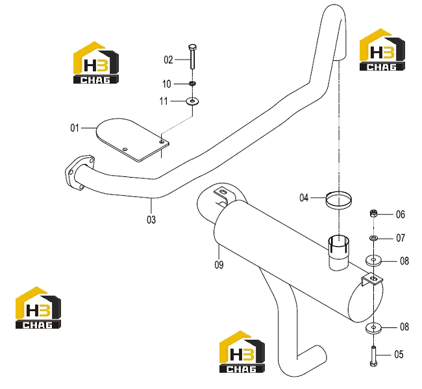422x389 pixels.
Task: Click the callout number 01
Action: (75, 128)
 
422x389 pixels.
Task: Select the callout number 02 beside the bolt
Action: (168, 60)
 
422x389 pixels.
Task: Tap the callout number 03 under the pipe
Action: (151, 220)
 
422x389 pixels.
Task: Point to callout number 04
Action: (304, 198)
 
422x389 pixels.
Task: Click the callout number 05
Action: (399, 355)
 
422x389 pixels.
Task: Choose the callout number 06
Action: (401, 214)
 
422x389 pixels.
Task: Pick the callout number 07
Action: (401, 238)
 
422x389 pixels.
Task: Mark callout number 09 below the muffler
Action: (219, 265)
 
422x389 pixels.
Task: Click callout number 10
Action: (167, 84)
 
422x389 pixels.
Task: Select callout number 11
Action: (164, 101)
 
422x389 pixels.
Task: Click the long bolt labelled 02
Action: (193, 56)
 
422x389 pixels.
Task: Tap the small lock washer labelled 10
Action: (192, 84)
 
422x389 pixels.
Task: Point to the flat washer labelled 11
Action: (192, 101)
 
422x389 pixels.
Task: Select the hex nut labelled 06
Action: (373, 214)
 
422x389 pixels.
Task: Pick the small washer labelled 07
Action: (373, 238)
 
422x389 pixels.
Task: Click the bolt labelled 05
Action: (373, 356)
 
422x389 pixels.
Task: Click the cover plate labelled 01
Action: (132, 139)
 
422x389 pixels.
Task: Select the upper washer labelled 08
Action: (373, 260)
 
